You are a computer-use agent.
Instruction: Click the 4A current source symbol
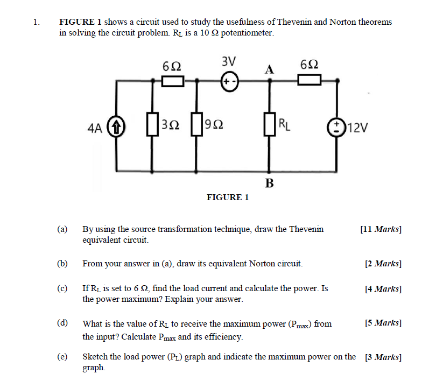(115, 128)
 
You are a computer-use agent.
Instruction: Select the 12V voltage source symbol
(338, 128)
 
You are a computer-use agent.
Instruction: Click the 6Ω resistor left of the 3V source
(173, 81)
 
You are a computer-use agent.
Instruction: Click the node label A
(270, 68)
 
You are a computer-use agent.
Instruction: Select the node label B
(269, 184)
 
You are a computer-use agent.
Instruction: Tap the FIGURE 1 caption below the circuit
(228, 197)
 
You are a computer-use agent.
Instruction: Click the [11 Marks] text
(381, 229)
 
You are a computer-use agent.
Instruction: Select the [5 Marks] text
(383, 323)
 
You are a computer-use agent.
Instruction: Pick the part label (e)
(62, 357)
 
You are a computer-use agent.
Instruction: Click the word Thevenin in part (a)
(306, 229)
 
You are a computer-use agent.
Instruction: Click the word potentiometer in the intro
(247, 33)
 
